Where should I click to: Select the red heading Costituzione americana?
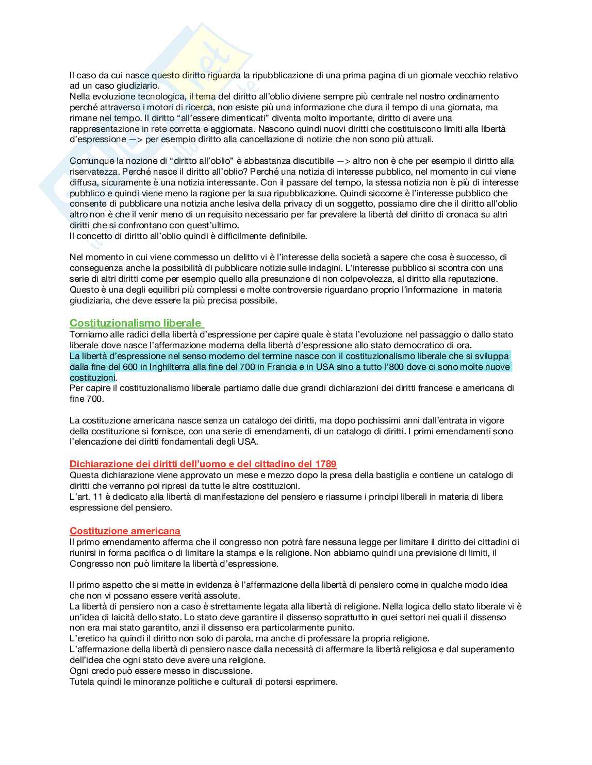tap(125, 531)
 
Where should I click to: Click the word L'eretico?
tap(86, 638)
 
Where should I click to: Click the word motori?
tap(161, 107)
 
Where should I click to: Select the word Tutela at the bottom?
tap(83, 682)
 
